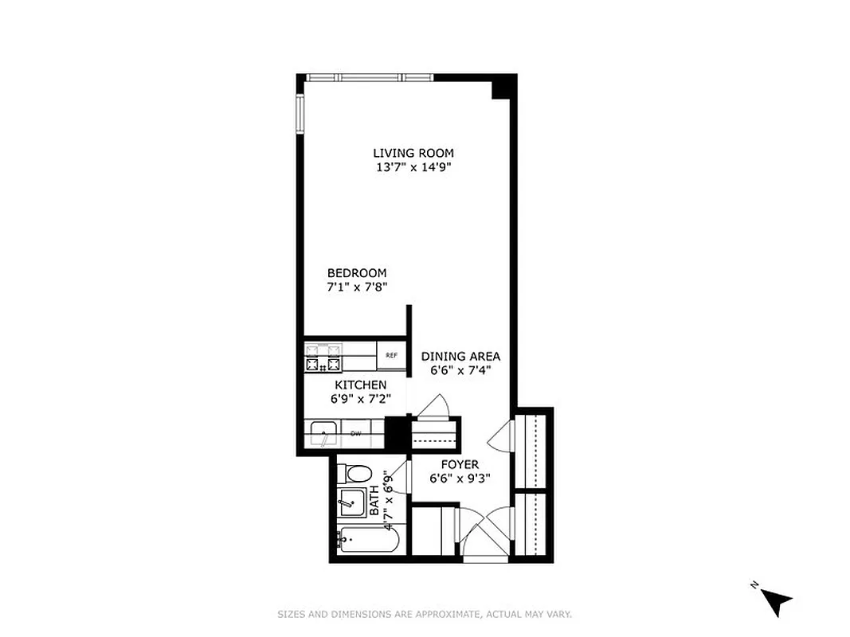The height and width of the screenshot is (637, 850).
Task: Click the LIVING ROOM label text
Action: coord(413,153)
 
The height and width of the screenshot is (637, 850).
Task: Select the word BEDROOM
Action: coord(356,273)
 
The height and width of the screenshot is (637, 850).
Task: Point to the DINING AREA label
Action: coord(460,356)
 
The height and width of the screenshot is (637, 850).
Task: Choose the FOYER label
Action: coord(460,464)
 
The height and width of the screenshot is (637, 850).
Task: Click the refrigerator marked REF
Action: coord(391,355)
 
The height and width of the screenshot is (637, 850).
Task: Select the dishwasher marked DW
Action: coord(356,433)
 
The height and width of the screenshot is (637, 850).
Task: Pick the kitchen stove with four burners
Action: coord(323,358)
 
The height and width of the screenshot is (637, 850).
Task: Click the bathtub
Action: coord(368,543)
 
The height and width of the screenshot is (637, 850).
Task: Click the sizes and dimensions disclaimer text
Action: coord(425,614)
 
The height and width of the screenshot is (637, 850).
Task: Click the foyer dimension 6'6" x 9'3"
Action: coord(460,479)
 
